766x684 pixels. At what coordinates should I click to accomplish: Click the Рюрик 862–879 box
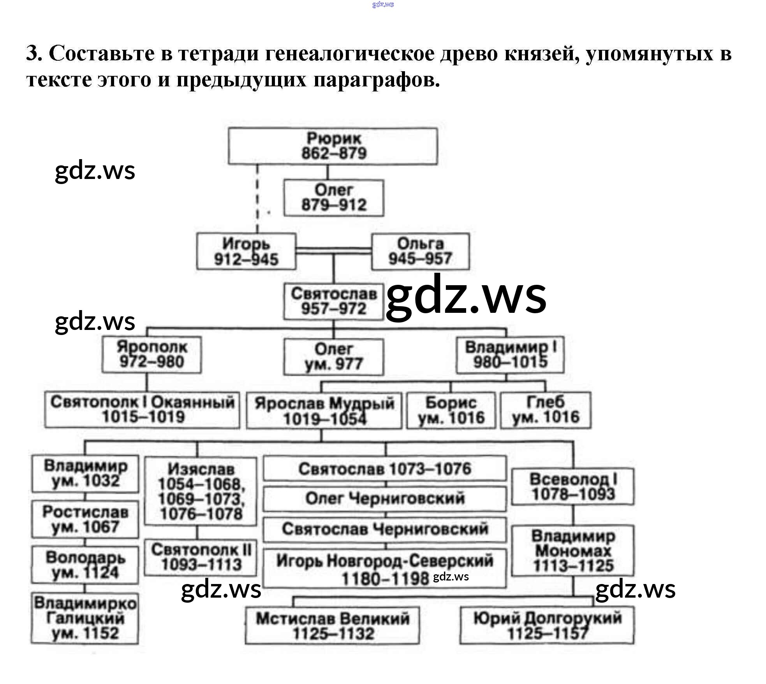pyautogui.click(x=333, y=146)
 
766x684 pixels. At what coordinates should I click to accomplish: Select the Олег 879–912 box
pyautogui.click(x=334, y=198)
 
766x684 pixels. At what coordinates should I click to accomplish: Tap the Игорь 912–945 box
pyautogui.click(x=246, y=251)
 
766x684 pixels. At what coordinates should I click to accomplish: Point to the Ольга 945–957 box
pyautogui.click(x=420, y=251)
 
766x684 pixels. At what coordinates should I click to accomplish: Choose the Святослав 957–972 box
pyautogui.click(x=334, y=302)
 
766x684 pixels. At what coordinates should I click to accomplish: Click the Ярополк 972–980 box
pyautogui.click(x=151, y=354)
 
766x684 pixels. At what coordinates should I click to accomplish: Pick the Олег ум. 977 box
pyautogui.click(x=334, y=357)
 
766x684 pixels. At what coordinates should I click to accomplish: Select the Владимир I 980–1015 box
pyautogui.click(x=510, y=354)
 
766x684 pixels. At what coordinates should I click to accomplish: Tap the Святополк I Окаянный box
pyautogui.click(x=142, y=410)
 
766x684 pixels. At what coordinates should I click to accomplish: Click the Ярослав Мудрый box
pyautogui.click(x=324, y=411)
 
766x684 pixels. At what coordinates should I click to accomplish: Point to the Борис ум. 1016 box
pyautogui.click(x=451, y=410)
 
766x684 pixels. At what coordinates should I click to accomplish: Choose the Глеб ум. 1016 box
pyautogui.click(x=545, y=410)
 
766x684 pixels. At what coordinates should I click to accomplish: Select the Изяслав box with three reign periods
pyautogui.click(x=201, y=491)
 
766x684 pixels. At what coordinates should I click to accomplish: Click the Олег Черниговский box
pyautogui.click(x=385, y=498)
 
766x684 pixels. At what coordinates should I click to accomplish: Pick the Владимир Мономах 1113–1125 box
pyautogui.click(x=572, y=551)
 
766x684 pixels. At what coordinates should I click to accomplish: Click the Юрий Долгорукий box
pyautogui.click(x=547, y=626)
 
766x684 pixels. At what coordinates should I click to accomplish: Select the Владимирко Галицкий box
pyautogui.click(x=85, y=619)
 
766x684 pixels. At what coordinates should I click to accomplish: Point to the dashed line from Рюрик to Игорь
pyautogui.click(x=257, y=198)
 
